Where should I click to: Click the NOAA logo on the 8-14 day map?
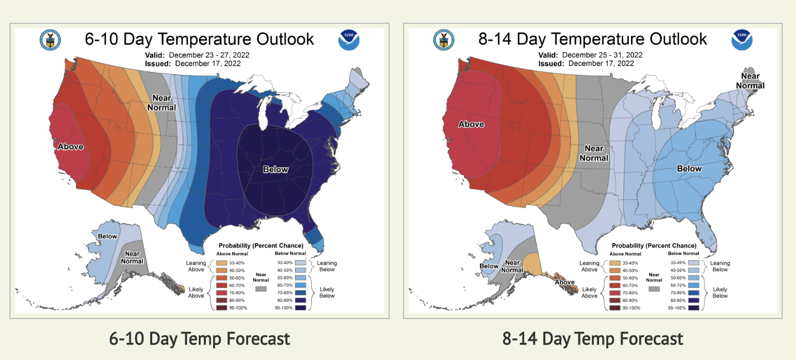click(742, 40)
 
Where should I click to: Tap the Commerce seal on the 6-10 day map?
click(50, 40)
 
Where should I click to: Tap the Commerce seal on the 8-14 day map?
click(443, 40)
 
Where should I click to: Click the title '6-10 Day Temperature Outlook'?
click(199, 39)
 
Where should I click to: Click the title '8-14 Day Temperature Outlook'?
click(593, 39)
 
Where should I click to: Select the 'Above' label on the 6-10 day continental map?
click(70, 147)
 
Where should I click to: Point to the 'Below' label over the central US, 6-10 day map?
click(275, 169)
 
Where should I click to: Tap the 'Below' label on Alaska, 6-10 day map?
click(107, 236)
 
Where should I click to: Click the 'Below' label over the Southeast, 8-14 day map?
click(689, 169)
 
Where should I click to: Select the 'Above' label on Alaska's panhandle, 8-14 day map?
click(565, 282)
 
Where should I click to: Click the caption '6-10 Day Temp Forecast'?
click(199, 338)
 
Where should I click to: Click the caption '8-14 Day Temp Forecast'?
click(593, 338)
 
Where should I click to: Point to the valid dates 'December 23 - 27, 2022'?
click(209, 55)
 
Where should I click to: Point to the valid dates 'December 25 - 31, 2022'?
click(602, 55)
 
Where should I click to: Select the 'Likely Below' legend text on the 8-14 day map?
click(720, 292)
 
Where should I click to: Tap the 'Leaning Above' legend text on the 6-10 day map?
click(197, 266)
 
